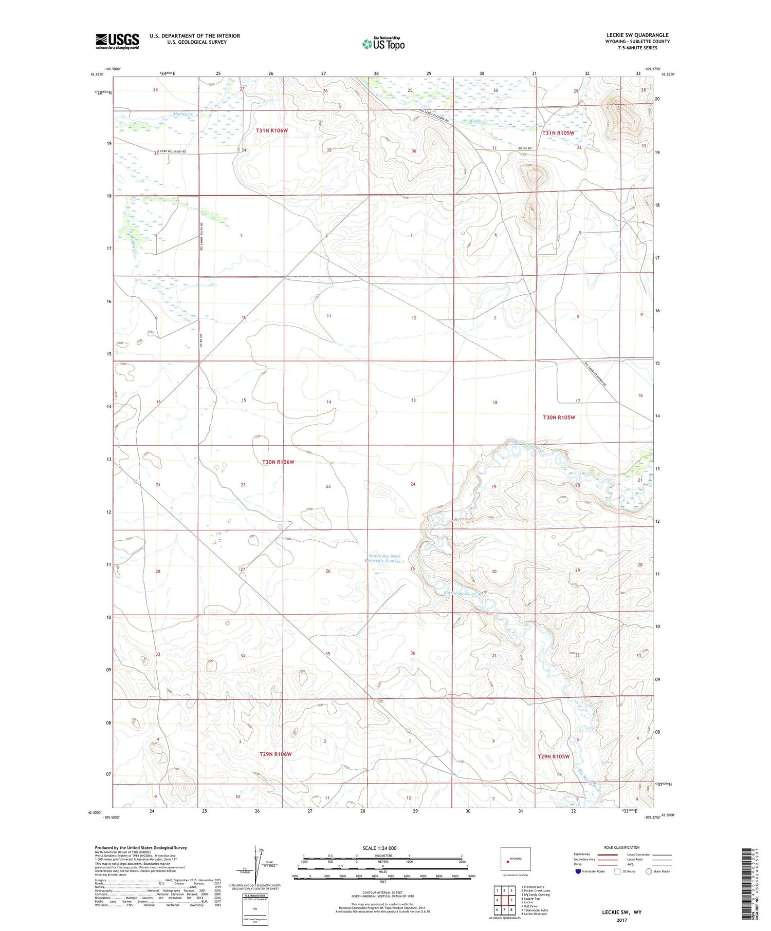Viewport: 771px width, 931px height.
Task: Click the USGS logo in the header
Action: [x=117, y=41]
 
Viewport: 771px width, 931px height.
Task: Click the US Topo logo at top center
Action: [x=383, y=44]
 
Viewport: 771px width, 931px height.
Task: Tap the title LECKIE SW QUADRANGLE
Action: [x=637, y=35]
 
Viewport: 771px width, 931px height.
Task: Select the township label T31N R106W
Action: [x=272, y=130]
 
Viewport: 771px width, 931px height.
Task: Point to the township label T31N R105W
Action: [x=558, y=132]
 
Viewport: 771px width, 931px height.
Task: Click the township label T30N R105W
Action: [x=559, y=417]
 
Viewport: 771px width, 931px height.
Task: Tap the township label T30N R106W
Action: [x=278, y=462]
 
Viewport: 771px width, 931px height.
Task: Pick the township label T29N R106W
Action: [x=275, y=754]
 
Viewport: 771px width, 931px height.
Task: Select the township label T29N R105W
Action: [x=554, y=756]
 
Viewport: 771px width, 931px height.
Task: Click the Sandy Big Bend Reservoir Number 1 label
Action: [x=384, y=558]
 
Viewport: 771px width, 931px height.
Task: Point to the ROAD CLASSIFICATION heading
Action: [x=622, y=847]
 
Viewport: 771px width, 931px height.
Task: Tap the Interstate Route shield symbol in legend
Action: [x=578, y=871]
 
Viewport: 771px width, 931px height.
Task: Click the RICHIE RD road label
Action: [x=525, y=148]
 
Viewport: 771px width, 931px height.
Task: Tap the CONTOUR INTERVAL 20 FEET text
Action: [x=382, y=893]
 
